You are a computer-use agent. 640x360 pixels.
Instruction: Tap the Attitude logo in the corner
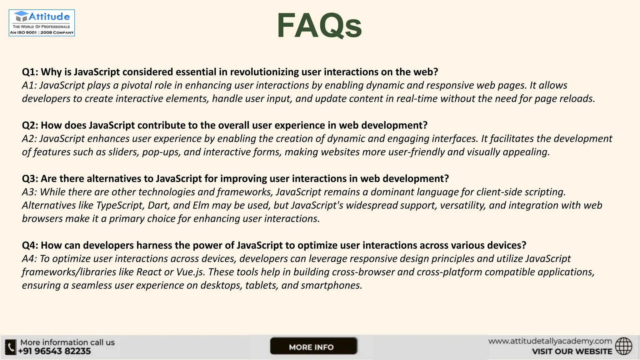(42, 23)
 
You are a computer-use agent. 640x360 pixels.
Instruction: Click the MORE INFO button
(313, 346)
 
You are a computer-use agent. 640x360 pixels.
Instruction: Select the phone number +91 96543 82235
(54, 351)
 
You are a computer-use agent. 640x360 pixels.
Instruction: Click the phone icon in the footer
(11, 347)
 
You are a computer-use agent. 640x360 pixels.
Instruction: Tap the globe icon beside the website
(623, 346)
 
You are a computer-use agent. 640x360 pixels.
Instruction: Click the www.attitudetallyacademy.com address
(550, 341)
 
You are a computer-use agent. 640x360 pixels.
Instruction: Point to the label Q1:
(30, 72)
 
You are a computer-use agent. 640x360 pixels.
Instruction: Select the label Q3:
(30, 179)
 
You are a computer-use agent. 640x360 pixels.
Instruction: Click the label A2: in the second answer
(29, 139)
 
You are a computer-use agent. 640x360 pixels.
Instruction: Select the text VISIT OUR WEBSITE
(572, 351)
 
